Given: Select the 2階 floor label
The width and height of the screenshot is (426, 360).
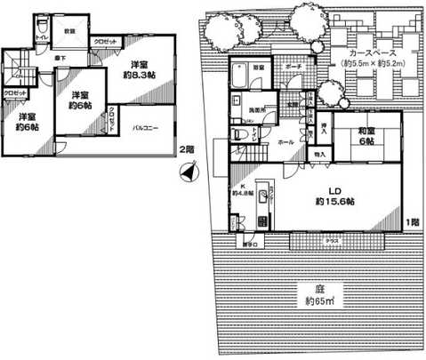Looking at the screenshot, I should (x=185, y=148).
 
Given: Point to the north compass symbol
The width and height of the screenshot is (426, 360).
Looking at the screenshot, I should (x=186, y=172).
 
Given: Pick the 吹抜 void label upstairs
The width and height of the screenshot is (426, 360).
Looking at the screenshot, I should (x=69, y=31).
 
